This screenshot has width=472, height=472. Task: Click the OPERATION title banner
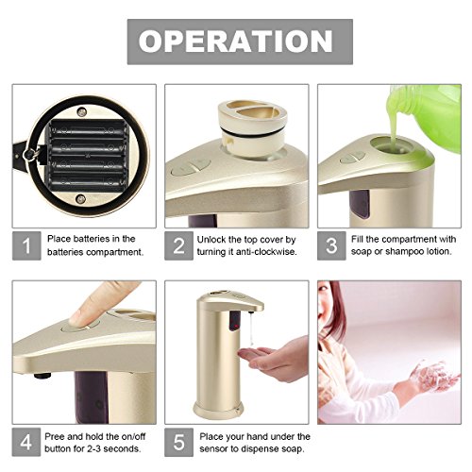coord(240,42)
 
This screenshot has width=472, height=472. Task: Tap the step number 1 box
coord(26,245)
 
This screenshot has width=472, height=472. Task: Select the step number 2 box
coord(178,245)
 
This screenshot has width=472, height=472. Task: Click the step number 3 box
coord(331,245)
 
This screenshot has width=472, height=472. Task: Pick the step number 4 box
coord(26,442)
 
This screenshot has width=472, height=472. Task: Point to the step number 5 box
coord(178,442)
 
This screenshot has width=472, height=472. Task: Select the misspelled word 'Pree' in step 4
coord(55,437)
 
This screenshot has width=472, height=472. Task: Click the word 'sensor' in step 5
coord(214,449)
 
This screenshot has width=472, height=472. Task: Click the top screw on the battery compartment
coord(82,111)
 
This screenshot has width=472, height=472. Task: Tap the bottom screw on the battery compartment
coord(81,199)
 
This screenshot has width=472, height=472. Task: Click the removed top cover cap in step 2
coord(253,128)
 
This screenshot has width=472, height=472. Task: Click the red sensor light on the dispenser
coord(234,324)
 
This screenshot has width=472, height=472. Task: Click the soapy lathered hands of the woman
coord(432,376)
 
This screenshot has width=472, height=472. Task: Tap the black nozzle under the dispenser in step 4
coord(42,376)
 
